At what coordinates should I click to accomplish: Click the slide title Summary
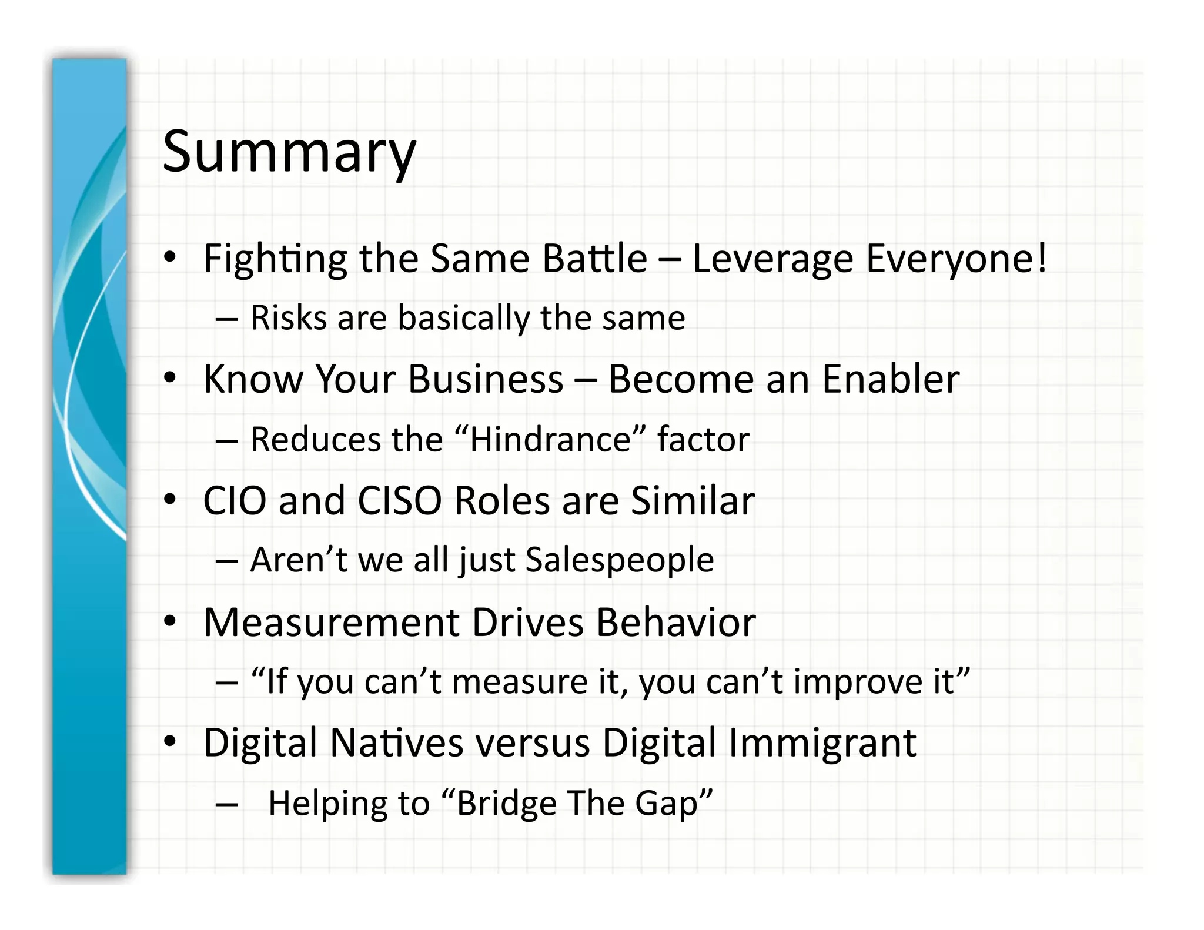289,152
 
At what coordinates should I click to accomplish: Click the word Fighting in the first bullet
275,259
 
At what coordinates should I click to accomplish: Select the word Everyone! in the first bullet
956,259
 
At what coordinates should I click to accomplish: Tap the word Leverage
772,259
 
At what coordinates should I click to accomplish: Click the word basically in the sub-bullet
464,318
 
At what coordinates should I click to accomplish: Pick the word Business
486,379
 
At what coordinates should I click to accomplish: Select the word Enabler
891,379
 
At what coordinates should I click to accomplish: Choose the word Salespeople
620,560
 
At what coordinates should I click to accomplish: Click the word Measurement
331,623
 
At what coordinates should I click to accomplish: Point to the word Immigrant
822,742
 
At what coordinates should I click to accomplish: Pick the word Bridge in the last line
506,803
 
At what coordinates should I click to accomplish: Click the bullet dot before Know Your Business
170,378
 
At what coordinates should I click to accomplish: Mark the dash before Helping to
226,804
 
